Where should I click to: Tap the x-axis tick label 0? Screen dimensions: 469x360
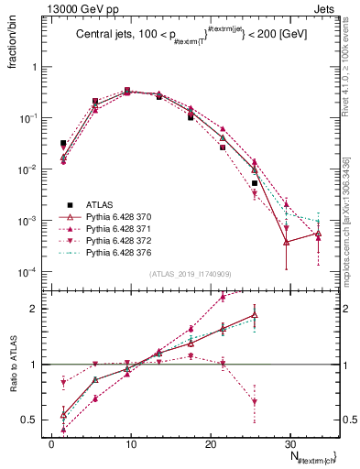tap(52, 443)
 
